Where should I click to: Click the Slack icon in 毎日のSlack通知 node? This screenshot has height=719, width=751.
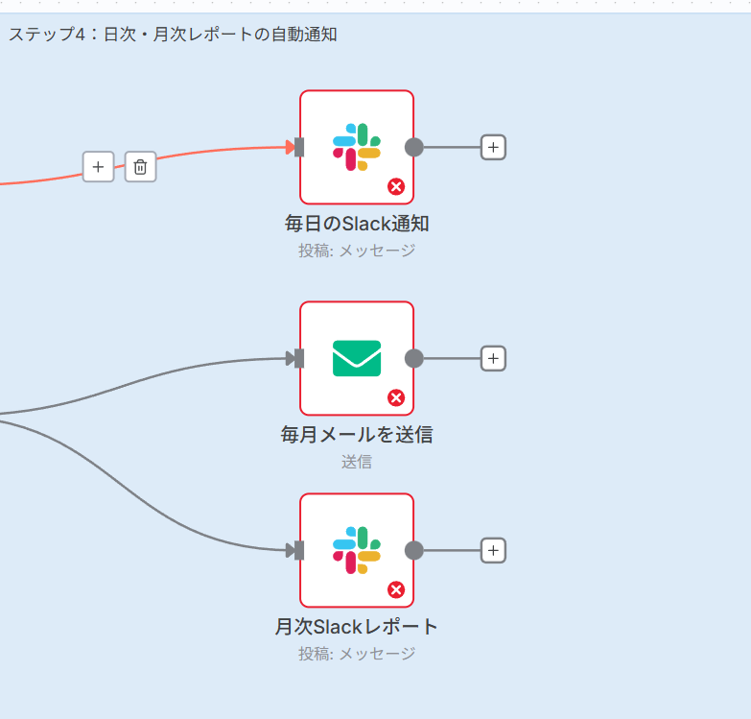click(x=357, y=147)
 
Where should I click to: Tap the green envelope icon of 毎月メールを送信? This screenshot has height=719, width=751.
click(x=357, y=358)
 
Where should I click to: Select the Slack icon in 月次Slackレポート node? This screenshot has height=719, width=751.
click(x=357, y=550)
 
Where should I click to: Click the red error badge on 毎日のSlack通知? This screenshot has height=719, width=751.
click(x=396, y=186)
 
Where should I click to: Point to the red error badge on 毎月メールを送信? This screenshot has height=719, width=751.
click(x=396, y=397)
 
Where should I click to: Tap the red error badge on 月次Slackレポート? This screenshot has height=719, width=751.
click(x=396, y=589)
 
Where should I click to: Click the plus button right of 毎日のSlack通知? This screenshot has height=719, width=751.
click(x=493, y=147)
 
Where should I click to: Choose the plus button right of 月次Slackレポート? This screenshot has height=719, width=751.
click(x=493, y=550)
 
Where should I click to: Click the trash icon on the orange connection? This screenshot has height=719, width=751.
click(x=140, y=167)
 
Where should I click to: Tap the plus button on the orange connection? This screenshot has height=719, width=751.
click(x=98, y=167)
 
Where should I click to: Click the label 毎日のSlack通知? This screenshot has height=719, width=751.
click(x=357, y=225)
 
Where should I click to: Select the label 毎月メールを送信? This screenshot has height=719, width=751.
click(x=357, y=435)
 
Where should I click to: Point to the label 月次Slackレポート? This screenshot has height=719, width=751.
click(x=357, y=627)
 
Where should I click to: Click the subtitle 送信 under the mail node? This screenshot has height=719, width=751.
click(x=357, y=462)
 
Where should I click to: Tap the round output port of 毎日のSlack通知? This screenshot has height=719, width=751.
click(x=414, y=147)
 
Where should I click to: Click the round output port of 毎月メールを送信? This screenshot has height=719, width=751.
click(x=414, y=358)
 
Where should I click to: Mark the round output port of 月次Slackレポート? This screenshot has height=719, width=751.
click(x=414, y=550)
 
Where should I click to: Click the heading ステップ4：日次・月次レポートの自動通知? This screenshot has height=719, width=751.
click(x=173, y=35)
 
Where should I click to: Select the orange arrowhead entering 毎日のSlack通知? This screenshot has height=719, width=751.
click(x=290, y=147)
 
